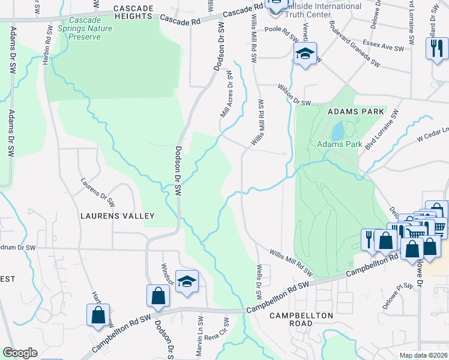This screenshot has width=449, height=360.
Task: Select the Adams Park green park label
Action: [x=339, y=145]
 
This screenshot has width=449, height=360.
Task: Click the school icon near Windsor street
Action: [x=187, y=281]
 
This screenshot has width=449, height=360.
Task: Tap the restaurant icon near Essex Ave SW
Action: [x=437, y=49]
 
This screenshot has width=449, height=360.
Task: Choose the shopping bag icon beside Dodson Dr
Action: [x=158, y=295]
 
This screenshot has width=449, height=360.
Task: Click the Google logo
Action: [x=20, y=353]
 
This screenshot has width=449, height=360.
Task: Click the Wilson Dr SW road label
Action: [x=294, y=95]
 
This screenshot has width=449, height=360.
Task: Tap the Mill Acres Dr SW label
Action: [x=227, y=94]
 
